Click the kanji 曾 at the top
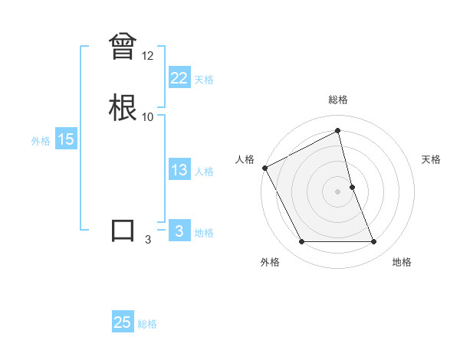point(123,47)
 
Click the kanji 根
point(123,106)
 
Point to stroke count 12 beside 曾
point(148,56)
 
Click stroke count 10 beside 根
point(148,116)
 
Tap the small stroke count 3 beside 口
point(148,240)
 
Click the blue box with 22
point(179,77)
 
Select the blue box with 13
point(179,170)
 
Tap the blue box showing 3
point(179,231)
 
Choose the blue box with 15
point(65,139)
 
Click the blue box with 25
point(123,322)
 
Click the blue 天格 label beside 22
point(204,79)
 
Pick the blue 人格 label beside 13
point(204,172)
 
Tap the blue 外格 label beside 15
point(41,141)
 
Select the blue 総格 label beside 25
point(147,324)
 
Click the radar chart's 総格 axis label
point(338,100)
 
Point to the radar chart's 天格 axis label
point(432,159)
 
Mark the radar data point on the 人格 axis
point(264,168)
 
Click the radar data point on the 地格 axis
point(374,242)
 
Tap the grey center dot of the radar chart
point(338,191)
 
